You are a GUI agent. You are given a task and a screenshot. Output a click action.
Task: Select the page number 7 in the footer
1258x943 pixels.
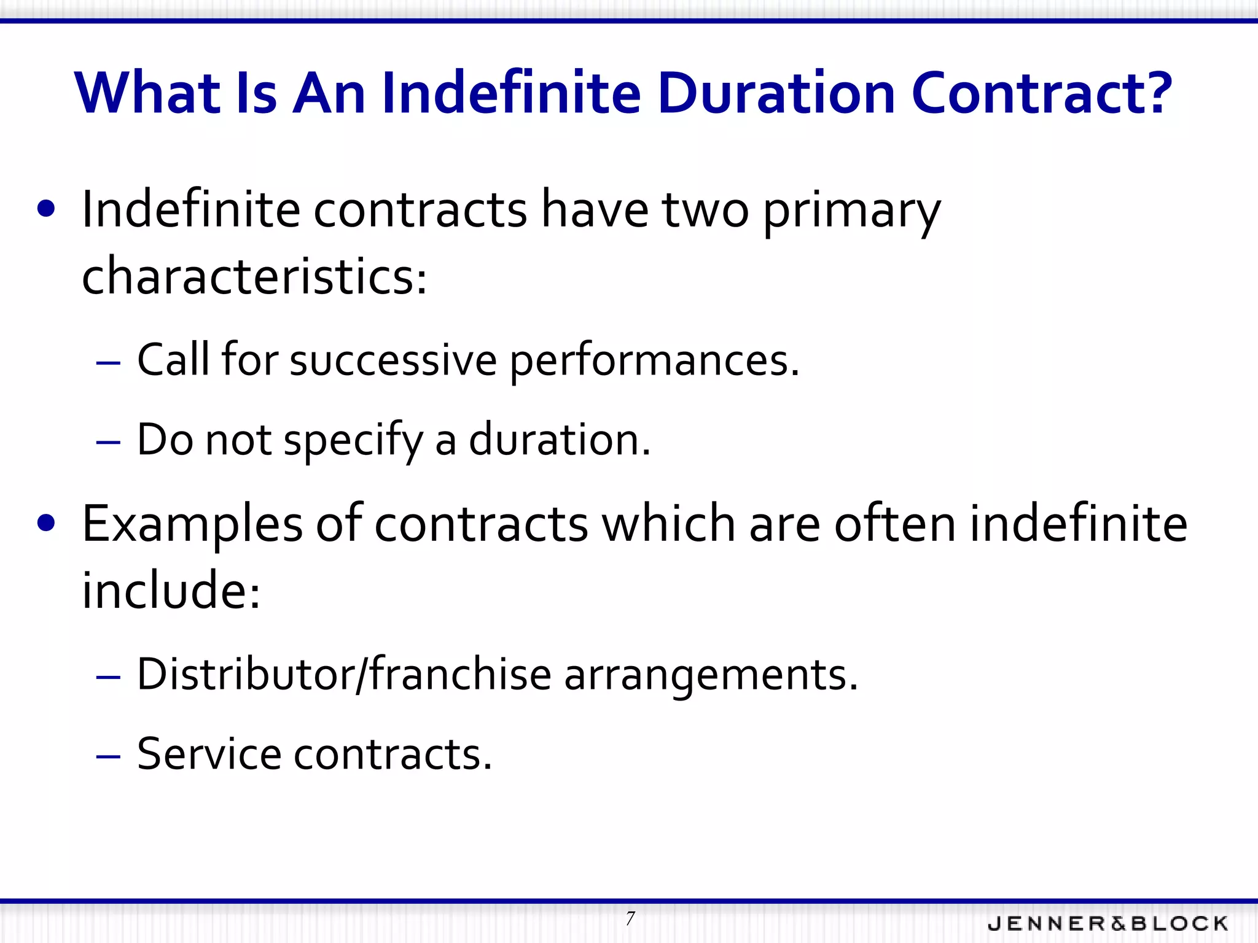tap(630, 919)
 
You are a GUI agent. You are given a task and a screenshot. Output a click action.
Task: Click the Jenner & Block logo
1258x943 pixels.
tap(1108, 923)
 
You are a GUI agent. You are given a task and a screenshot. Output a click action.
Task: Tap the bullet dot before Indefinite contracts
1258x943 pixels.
tap(46, 209)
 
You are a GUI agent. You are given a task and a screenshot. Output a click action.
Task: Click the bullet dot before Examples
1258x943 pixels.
tap(46, 523)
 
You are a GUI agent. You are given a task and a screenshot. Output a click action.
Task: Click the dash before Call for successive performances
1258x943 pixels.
tap(108, 363)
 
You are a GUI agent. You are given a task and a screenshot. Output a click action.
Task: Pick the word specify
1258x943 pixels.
tap(353, 441)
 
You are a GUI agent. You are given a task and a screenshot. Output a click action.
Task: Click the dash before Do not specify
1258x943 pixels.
tap(108, 443)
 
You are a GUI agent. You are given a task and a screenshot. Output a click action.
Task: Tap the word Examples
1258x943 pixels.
tap(192, 525)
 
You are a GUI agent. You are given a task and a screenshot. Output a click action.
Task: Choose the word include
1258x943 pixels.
tap(171, 591)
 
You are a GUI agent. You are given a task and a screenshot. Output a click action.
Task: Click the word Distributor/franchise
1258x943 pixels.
tap(344, 675)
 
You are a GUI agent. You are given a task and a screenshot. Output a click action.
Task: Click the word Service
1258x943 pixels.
tap(209, 754)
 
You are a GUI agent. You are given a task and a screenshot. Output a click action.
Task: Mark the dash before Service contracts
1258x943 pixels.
tap(108, 756)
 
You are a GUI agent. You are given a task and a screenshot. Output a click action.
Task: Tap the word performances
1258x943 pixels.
tap(654, 362)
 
